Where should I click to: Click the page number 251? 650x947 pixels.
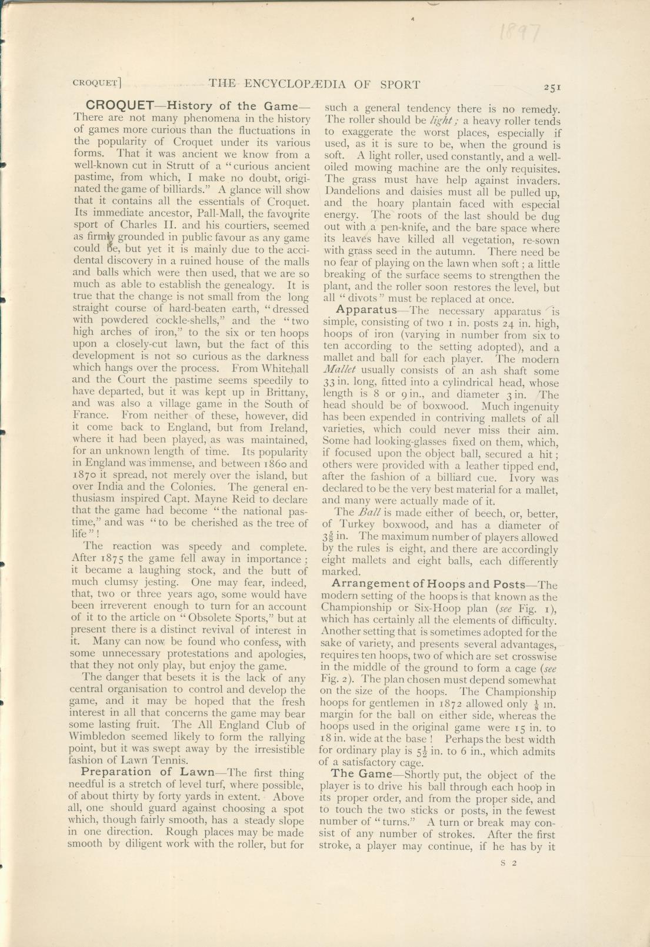click(552, 87)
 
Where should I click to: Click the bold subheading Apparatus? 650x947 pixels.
click(366, 310)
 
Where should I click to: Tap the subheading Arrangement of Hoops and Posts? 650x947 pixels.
click(428, 584)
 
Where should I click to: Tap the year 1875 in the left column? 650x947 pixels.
click(111, 559)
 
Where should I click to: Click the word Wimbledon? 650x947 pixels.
click(96, 737)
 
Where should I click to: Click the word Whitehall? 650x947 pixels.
click(282, 368)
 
